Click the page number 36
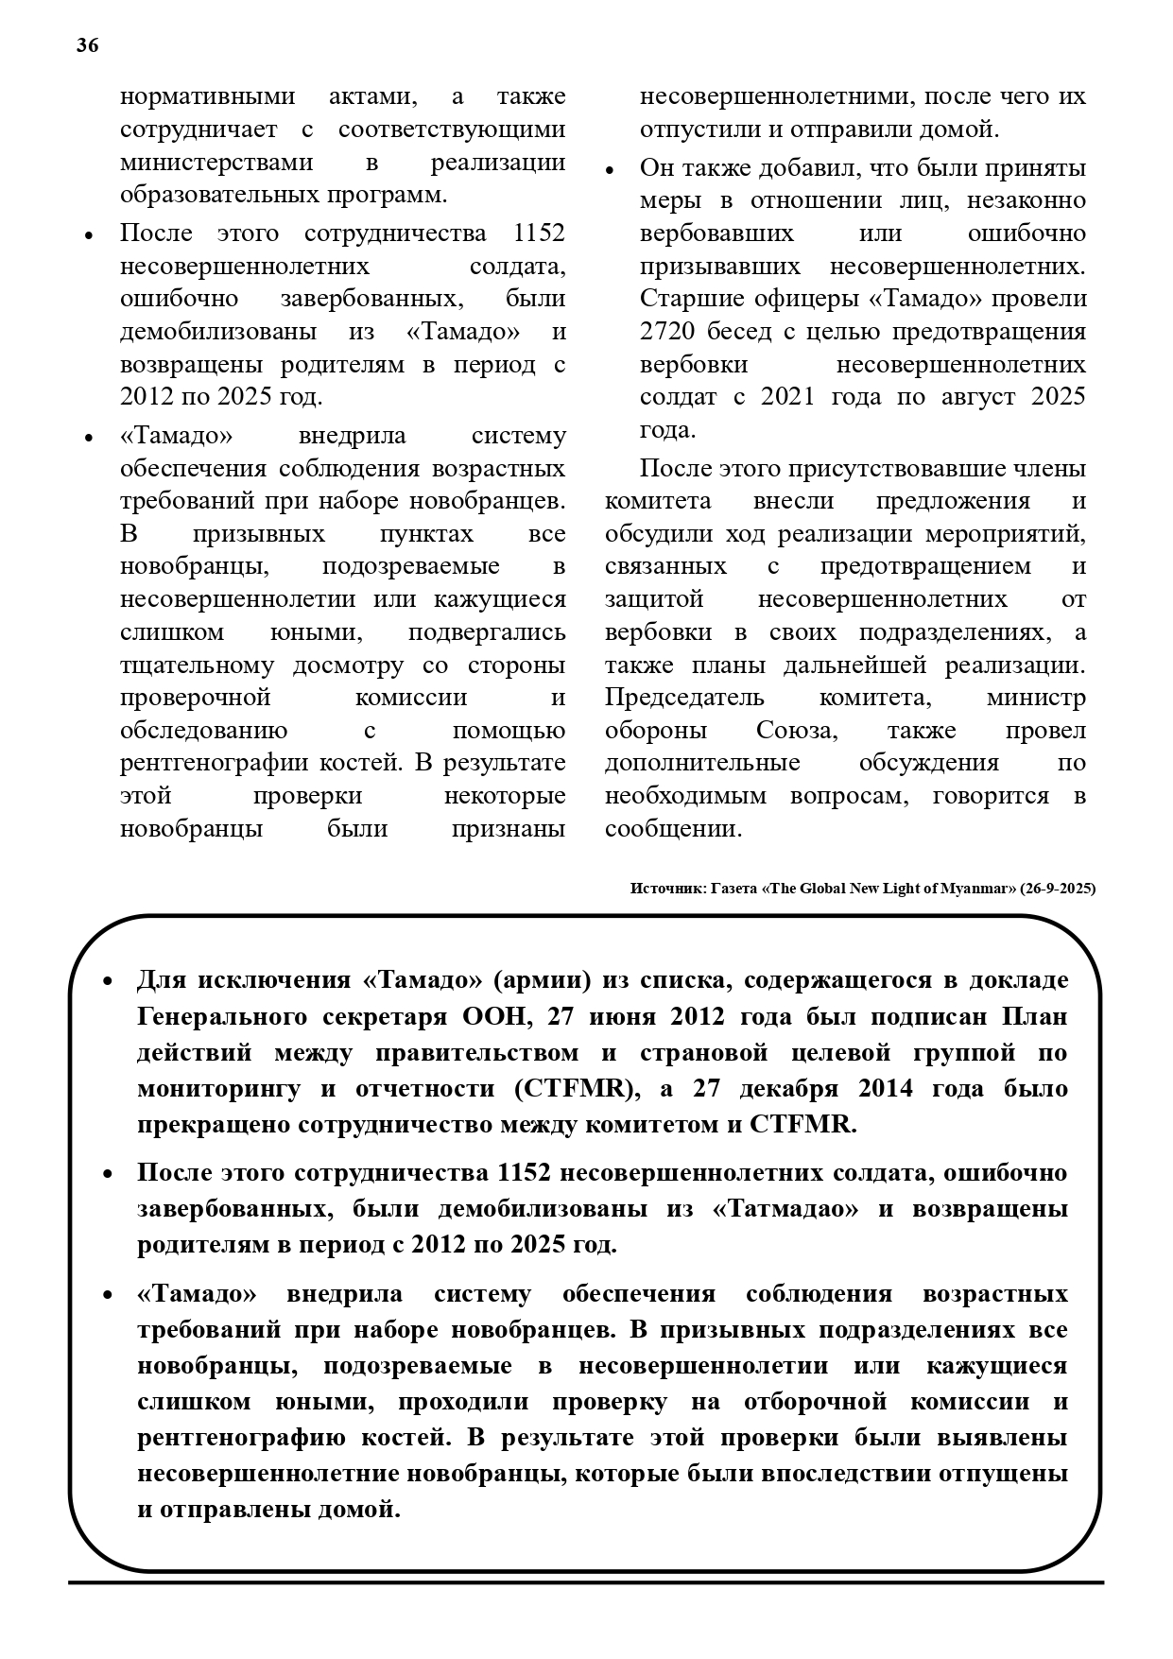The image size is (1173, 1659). (87, 45)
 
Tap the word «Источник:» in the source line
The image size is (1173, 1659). (665, 889)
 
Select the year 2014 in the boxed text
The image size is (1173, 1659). (886, 1088)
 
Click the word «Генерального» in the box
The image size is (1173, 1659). (222, 1016)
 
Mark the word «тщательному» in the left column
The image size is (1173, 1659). (198, 665)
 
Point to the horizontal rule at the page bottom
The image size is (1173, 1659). (586, 1581)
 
